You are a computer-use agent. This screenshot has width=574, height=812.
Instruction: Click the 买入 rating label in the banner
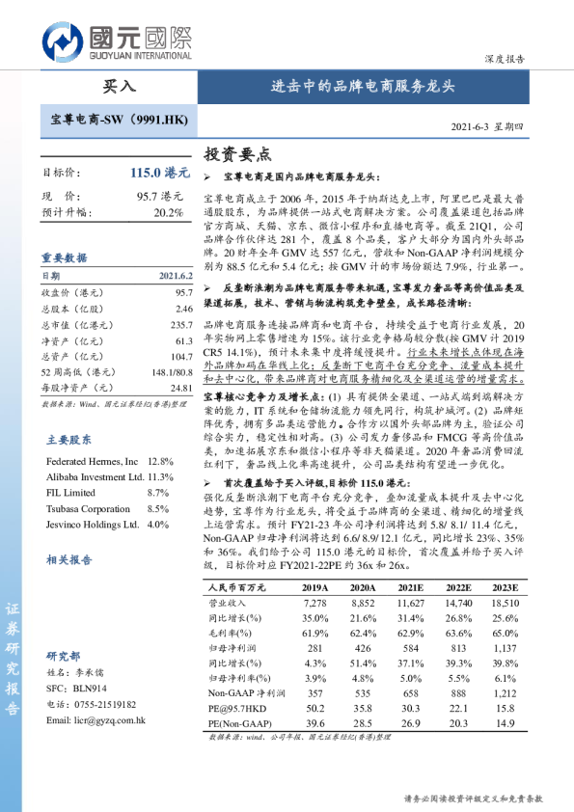(119, 86)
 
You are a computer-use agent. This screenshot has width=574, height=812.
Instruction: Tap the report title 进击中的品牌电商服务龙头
(363, 86)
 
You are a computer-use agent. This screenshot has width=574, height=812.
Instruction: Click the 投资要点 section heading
(238, 153)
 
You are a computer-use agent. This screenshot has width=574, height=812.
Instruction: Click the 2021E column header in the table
(411, 587)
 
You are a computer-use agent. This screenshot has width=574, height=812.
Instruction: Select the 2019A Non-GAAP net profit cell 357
(314, 692)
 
